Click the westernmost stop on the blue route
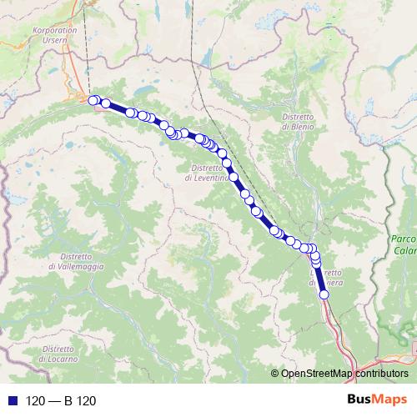pos(93,100)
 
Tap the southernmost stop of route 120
pos(324,294)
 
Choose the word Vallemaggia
pos(76,266)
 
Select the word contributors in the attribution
pos(381,374)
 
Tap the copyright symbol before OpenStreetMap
pos(275,374)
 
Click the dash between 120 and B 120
pos(55,401)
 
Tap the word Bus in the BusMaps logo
pos(361,400)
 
